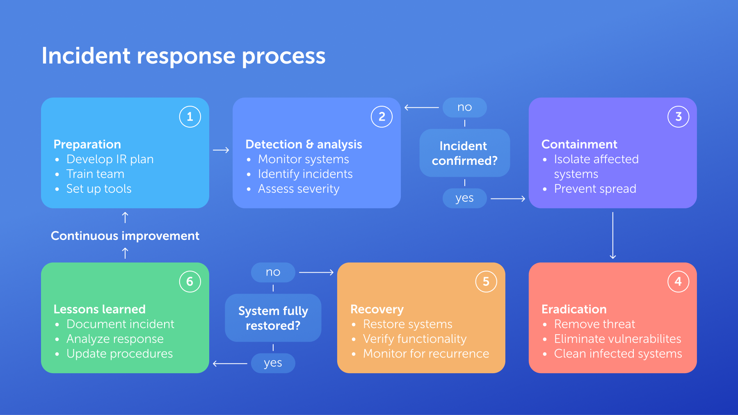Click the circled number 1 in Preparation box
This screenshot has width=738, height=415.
(x=190, y=117)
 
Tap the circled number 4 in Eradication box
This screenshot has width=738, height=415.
(x=678, y=282)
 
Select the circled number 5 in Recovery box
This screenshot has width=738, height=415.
(x=486, y=282)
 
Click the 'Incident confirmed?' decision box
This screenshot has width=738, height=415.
(x=464, y=153)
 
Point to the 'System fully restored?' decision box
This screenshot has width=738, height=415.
(x=273, y=318)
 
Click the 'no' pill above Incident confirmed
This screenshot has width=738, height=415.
(x=464, y=107)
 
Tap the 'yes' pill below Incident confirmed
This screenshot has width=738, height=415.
(x=464, y=198)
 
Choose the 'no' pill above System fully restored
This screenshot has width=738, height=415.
(x=273, y=272)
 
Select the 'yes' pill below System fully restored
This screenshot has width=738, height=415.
(x=273, y=363)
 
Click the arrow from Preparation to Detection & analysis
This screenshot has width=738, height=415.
(x=221, y=150)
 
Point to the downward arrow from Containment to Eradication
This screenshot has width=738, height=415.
(x=612, y=235)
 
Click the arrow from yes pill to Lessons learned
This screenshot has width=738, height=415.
(x=230, y=363)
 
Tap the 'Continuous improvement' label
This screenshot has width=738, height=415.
(x=125, y=236)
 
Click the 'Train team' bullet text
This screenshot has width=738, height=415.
(x=95, y=174)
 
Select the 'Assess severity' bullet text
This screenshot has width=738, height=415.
(x=299, y=189)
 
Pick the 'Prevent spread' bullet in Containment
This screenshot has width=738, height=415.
(x=595, y=189)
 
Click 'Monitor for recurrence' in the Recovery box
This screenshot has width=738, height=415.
(x=426, y=353)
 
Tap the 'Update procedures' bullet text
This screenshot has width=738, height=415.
(x=119, y=353)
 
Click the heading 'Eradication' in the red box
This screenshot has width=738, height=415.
(x=574, y=309)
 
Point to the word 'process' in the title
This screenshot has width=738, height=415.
(x=283, y=57)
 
